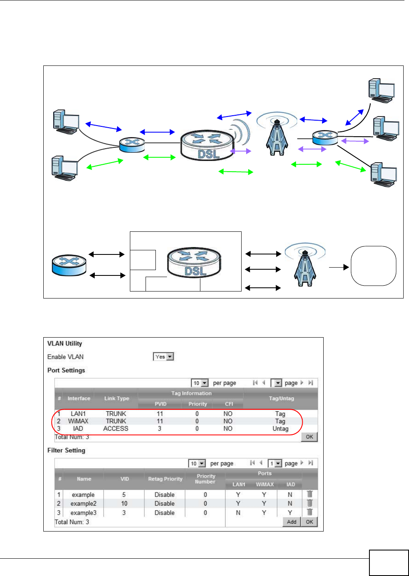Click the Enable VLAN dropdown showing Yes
[x=164, y=357]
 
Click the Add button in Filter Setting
[x=291, y=522]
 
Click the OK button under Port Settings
[x=309, y=437]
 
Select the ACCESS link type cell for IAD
[x=116, y=429]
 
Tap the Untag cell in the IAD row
[x=280, y=429]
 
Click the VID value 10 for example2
[x=124, y=504]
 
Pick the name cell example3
[x=83, y=513]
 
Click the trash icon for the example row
[x=310, y=494]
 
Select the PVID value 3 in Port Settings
[x=160, y=429]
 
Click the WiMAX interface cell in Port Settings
[x=78, y=421]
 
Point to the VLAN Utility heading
[x=65, y=343]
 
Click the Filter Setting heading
[x=66, y=450]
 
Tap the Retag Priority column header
[x=165, y=479]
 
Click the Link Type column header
[x=117, y=398]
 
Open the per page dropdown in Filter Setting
[x=197, y=464]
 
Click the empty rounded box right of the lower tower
[x=373, y=266]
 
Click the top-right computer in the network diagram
[x=381, y=91]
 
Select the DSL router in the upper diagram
[x=207, y=145]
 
